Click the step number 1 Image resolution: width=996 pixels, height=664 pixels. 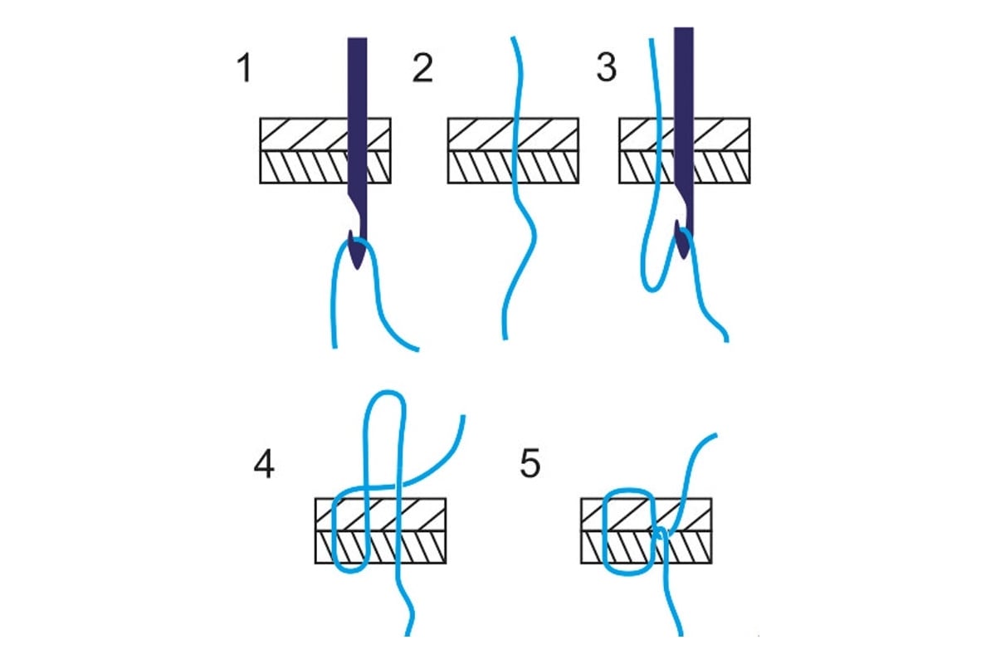click(243, 69)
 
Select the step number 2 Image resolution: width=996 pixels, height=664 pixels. click(422, 69)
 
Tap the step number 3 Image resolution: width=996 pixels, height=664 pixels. click(607, 69)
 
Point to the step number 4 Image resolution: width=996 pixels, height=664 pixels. click(263, 465)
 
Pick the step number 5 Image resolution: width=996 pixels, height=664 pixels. click(530, 465)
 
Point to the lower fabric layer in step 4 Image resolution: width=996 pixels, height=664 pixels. click(423, 547)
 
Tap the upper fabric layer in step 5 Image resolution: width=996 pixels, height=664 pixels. click(689, 514)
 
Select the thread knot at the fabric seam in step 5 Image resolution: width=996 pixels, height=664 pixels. click(661, 532)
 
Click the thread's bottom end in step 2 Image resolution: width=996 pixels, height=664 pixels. click(504, 337)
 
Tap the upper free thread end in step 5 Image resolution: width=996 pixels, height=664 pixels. click(715, 434)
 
